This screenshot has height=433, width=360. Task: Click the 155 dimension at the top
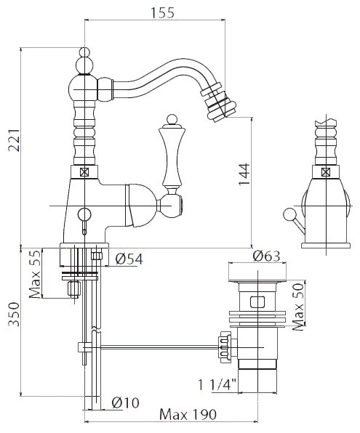pos(162,12)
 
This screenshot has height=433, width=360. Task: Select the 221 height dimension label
pos(14,139)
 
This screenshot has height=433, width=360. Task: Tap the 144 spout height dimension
pos(244,175)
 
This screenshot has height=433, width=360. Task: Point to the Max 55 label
pos(35,274)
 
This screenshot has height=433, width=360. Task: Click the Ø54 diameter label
pos(129,259)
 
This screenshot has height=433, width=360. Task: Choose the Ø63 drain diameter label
pos(266,256)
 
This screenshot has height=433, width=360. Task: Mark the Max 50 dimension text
pos(298,307)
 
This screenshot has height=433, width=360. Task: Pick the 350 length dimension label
pos(14,315)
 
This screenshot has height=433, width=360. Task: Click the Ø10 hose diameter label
pos(125,403)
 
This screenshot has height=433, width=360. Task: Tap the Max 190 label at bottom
pos(188,415)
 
